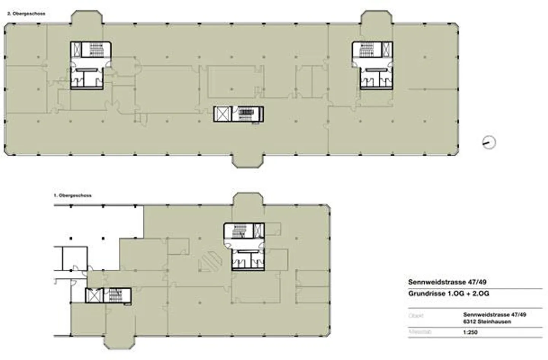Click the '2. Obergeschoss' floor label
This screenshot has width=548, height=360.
tap(26, 14)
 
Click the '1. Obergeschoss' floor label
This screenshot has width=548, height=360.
tap(73, 195)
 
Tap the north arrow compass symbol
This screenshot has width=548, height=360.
tap(489, 142)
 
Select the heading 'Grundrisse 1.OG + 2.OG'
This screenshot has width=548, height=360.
tap(449, 294)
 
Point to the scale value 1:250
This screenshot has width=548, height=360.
tap(470, 332)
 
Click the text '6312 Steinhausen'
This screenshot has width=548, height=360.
tap(487, 322)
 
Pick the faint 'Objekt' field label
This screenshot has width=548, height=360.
tap(416, 316)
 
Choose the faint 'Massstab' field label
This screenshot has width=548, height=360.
tap(420, 332)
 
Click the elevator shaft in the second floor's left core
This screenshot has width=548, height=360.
tap(77, 49)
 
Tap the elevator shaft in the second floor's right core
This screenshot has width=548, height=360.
tap(387, 49)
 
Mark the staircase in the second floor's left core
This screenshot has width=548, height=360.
tap(96, 49)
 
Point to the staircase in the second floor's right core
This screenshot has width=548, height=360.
tap(367, 49)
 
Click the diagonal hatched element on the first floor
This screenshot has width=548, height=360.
tap(210, 262)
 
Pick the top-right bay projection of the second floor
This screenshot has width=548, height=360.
tap(376, 18)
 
